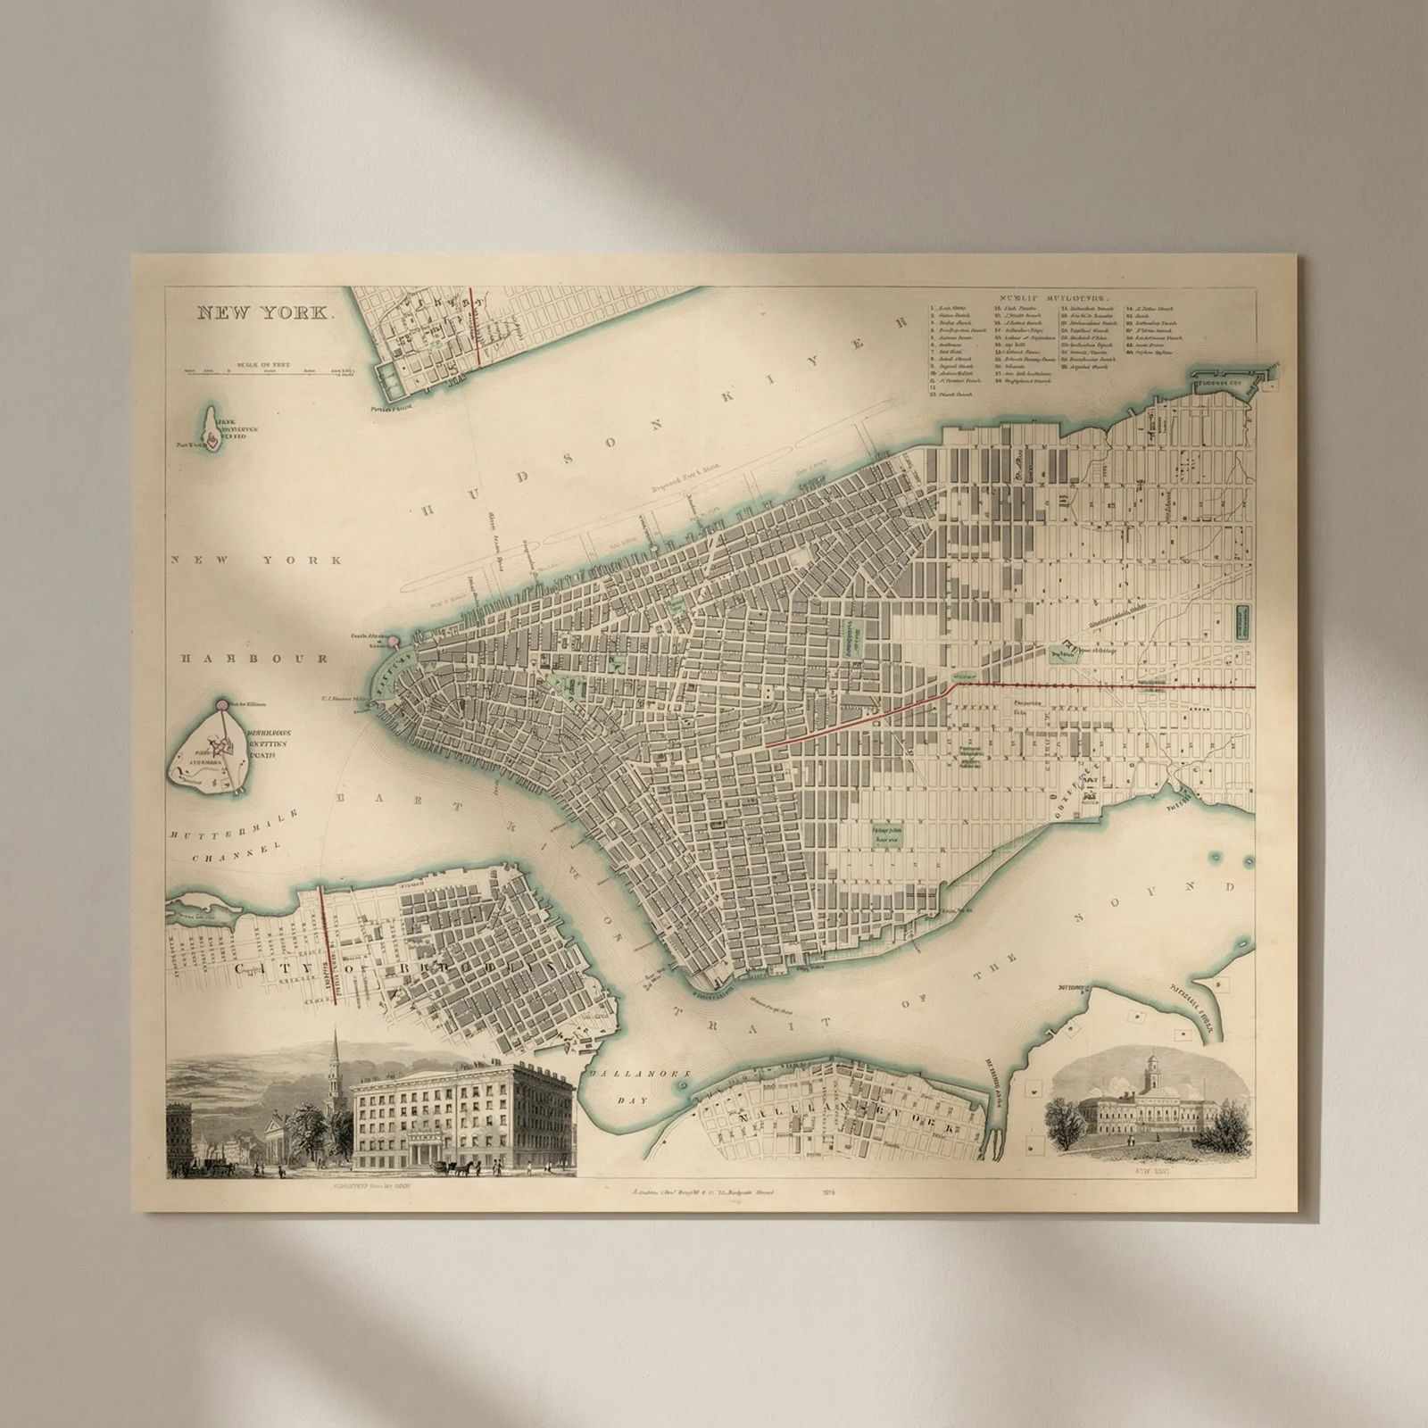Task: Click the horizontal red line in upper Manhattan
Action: point(1107,685)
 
